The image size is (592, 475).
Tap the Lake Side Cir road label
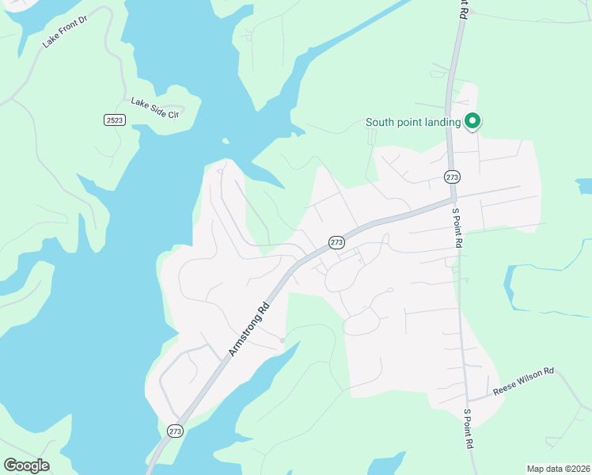155,108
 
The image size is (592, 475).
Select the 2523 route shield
113,120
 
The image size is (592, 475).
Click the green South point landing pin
472,121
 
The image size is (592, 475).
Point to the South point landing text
412,122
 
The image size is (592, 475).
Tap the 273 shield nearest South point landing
451,177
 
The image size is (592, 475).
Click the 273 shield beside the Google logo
175,431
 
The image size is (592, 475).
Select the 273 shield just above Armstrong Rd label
336,242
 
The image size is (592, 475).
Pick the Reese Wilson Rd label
524,381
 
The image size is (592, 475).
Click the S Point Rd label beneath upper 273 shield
456,227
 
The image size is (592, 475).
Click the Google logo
26,465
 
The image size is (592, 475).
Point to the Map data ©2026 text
558,469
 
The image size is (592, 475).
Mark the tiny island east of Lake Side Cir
226,142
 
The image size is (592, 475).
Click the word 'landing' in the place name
442,122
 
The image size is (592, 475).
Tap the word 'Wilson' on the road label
528,379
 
